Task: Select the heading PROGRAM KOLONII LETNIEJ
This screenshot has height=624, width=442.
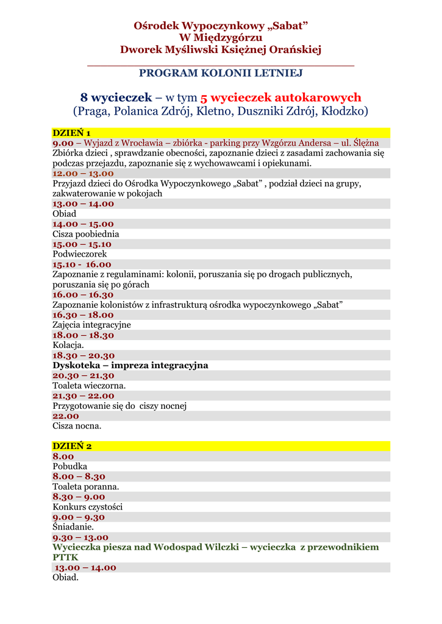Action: point(221,73)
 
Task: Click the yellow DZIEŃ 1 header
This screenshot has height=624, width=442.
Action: point(71,133)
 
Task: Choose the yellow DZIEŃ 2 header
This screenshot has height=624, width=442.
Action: point(71,446)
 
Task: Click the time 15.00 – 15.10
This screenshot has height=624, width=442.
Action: point(82,244)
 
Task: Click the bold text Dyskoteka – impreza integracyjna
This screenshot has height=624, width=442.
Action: point(130,366)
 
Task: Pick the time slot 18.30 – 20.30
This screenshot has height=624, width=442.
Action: point(83,355)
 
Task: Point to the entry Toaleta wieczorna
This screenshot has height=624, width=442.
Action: point(89,386)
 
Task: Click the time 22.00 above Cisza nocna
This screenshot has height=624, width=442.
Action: point(66,416)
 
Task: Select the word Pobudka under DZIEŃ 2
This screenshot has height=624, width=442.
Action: point(70,467)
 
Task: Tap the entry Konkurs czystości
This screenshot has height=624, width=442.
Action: point(88,507)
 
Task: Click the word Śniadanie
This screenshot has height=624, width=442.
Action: point(73,527)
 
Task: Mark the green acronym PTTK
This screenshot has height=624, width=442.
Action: point(66,558)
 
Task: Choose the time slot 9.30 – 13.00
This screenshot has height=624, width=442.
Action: point(80,537)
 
